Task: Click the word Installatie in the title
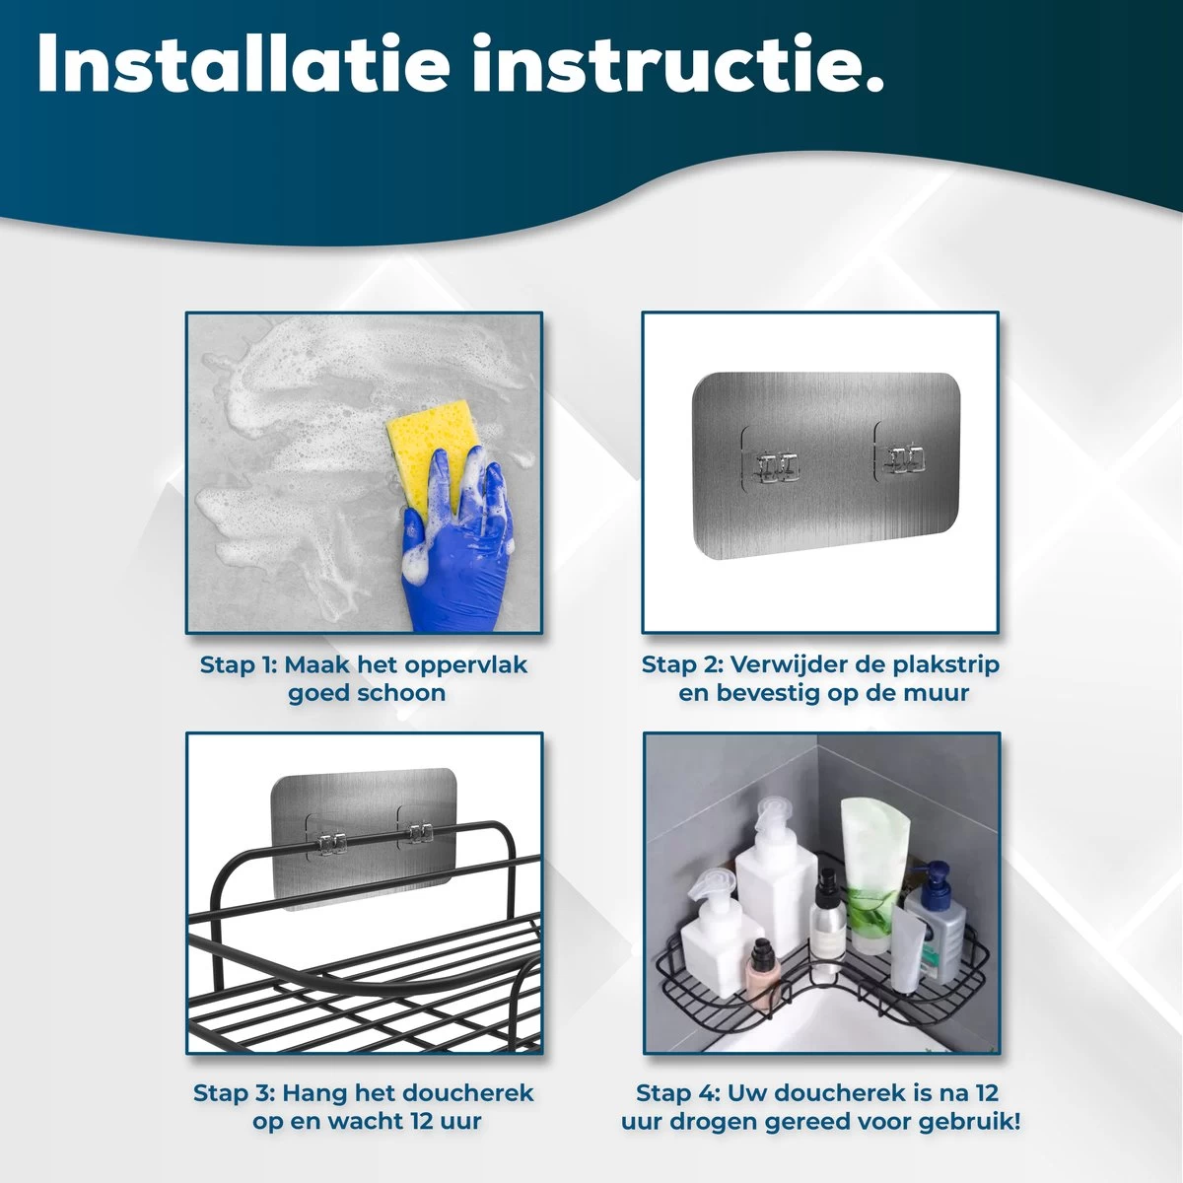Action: click(x=244, y=63)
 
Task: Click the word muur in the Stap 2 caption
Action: click(x=939, y=694)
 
